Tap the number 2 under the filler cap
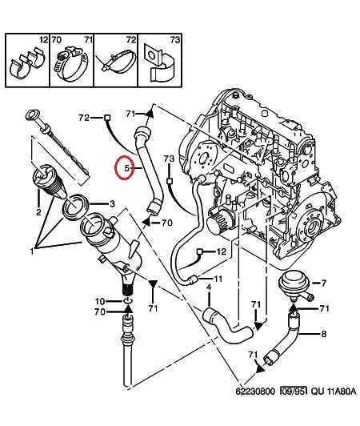38,211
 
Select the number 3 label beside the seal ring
112,203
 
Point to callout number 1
32,251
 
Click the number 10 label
100,301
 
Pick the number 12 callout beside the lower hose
222,251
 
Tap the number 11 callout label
218,279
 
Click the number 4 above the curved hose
209,287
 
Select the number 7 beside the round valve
323,283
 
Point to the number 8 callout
324,334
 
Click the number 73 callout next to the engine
169,159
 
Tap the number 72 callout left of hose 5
84,118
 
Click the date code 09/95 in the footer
294,392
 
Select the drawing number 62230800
255,392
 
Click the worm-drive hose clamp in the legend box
71,64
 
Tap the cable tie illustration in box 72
116,62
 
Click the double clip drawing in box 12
26,64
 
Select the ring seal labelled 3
76,207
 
